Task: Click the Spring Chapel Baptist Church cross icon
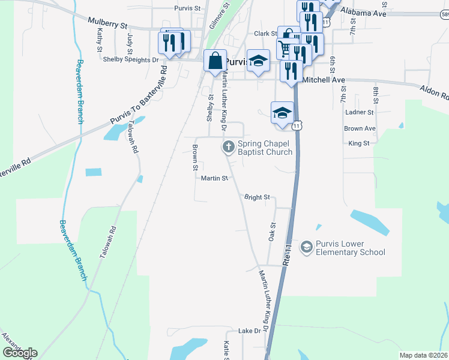[x=229, y=146]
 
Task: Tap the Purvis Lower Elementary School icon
[x=307, y=247]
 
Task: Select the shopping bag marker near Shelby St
[x=215, y=61]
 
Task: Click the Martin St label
[x=214, y=178]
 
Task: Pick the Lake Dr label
[x=250, y=331]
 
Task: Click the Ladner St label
[x=359, y=112]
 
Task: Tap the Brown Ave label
[x=360, y=128]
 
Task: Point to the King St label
[x=358, y=143]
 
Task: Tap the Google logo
[x=19, y=353]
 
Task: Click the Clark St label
[x=265, y=34]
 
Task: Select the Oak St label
[x=272, y=233]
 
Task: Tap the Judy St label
[x=130, y=43]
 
